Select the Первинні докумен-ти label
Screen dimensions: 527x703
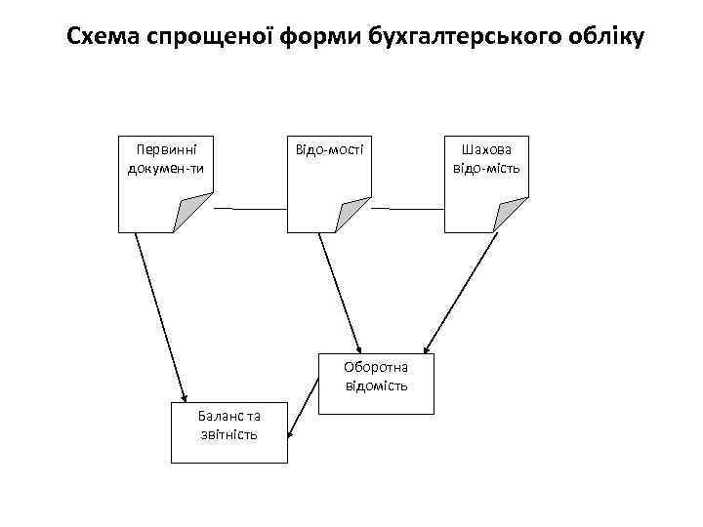(x=164, y=159)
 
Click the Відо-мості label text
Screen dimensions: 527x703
(x=329, y=150)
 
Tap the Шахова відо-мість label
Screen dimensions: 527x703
(x=485, y=159)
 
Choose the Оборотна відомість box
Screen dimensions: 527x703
(x=376, y=377)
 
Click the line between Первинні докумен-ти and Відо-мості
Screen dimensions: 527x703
(x=250, y=209)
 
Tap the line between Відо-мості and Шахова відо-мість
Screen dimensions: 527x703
(x=407, y=209)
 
